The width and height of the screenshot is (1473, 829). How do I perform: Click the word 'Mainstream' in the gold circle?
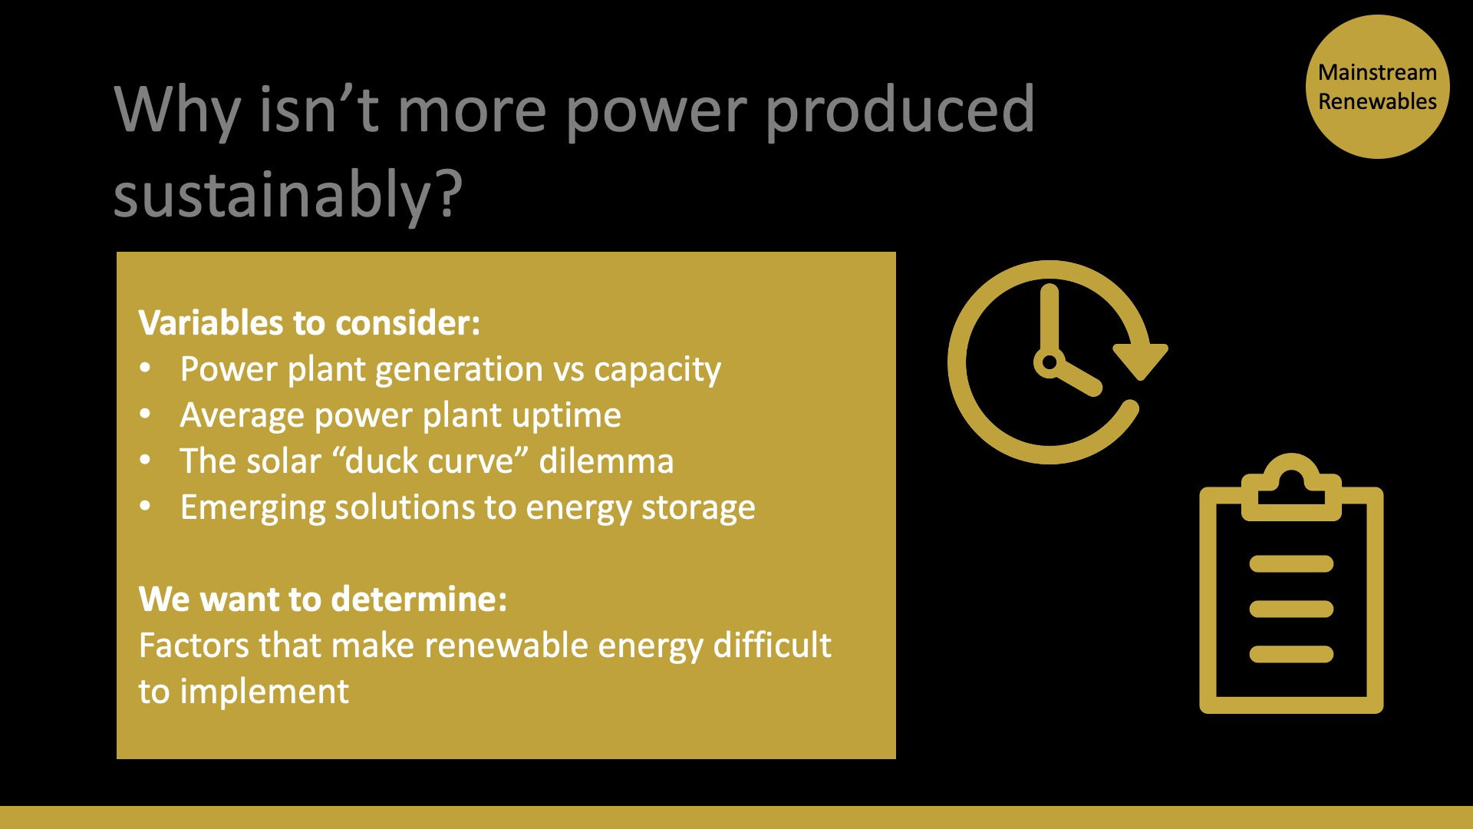[x=1377, y=72]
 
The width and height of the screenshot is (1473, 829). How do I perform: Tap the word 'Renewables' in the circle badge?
[x=1377, y=101]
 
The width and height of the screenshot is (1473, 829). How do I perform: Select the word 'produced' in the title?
[x=900, y=110]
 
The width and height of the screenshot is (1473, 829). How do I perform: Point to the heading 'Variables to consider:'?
[x=309, y=322]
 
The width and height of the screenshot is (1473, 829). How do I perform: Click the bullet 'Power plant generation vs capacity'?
[x=450, y=369]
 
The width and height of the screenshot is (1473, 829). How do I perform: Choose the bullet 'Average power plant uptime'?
[x=400, y=415]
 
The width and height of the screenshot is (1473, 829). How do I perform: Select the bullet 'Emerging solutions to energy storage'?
[x=467, y=507]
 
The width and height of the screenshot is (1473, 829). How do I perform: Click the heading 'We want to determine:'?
[x=323, y=599]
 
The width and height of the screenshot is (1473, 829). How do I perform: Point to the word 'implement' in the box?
[x=265, y=692]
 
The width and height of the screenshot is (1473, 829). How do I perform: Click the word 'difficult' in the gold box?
[x=772, y=645]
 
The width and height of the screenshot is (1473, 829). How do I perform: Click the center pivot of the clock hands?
[x=1049, y=362]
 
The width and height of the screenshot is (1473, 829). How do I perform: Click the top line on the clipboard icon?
[x=1291, y=564]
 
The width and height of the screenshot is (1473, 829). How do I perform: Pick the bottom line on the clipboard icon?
[x=1291, y=654]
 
